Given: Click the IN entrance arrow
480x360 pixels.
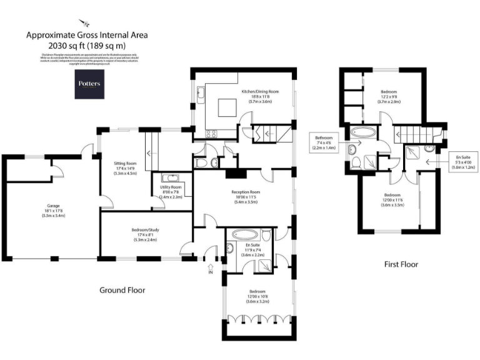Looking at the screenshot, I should pyautogui.click(x=211, y=267).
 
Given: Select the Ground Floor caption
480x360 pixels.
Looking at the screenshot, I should pyautogui.click(x=122, y=290).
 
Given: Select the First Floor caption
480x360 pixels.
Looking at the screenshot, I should pyautogui.click(x=401, y=264).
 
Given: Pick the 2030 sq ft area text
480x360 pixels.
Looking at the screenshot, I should pyautogui.click(x=87, y=46).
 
